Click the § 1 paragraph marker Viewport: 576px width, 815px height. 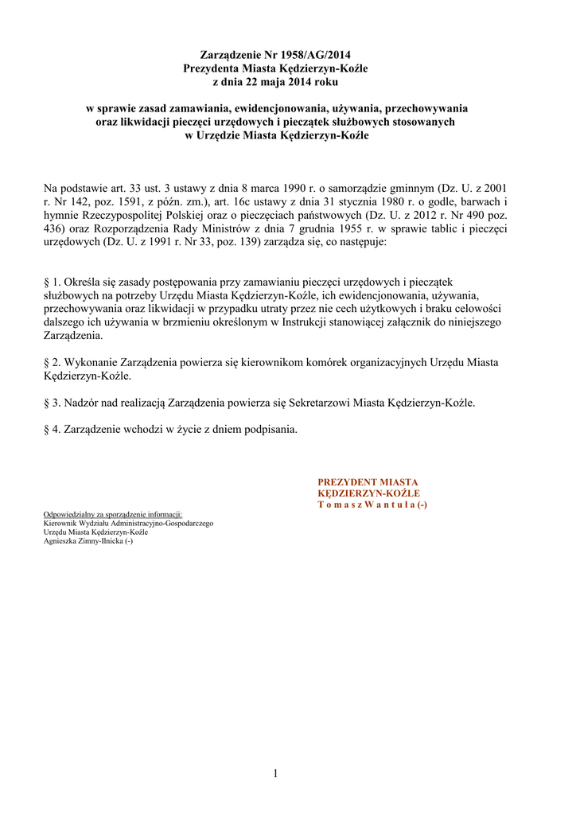point(50,282)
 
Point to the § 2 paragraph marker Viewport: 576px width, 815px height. point(50,362)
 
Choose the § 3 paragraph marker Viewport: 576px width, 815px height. point(50,403)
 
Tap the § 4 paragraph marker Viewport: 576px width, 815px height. point(50,430)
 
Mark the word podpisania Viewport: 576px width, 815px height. point(270,430)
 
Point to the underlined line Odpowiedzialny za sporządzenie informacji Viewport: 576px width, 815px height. point(113,515)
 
